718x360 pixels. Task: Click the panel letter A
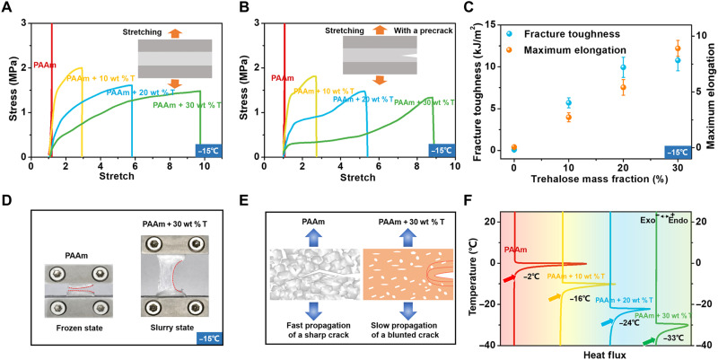(6, 8)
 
